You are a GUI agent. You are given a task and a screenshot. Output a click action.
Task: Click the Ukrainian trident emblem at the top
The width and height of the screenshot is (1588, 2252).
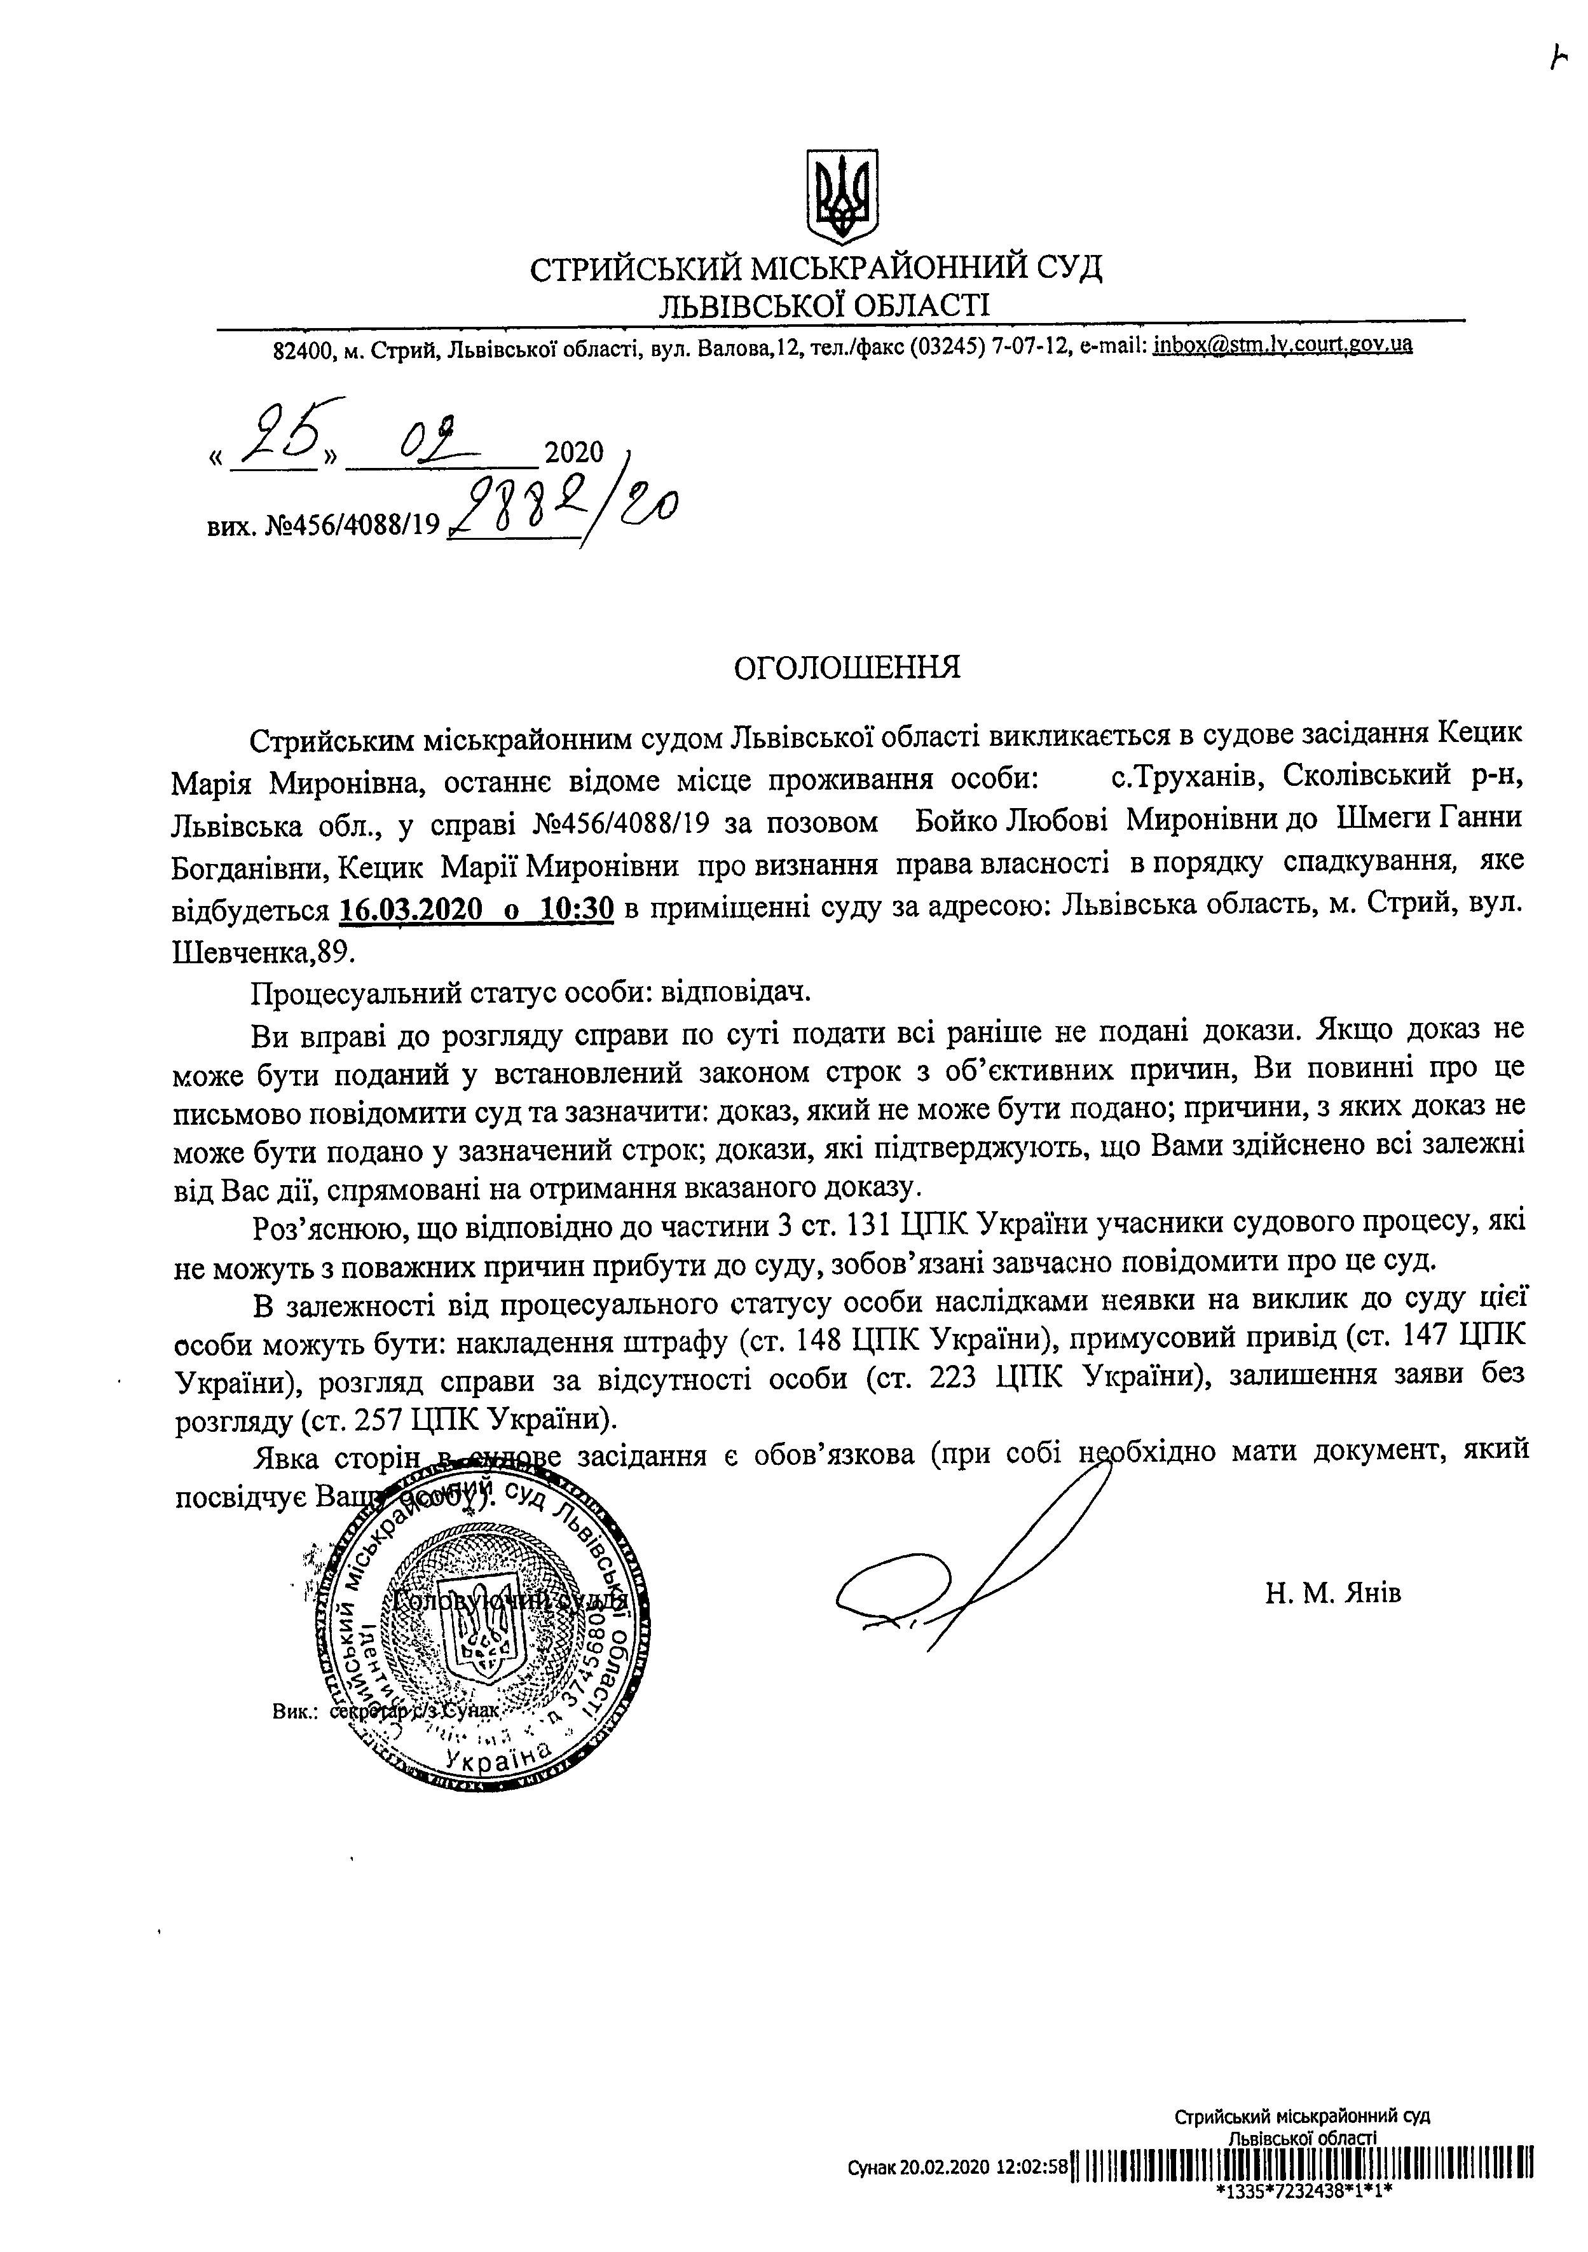tap(840, 196)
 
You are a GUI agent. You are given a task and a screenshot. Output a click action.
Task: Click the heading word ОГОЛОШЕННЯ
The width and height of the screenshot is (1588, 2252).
tap(847, 668)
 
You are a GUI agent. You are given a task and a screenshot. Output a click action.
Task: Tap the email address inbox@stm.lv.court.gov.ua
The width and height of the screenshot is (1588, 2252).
tap(1283, 345)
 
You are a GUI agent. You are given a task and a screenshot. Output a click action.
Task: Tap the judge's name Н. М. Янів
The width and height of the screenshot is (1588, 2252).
tap(1333, 1593)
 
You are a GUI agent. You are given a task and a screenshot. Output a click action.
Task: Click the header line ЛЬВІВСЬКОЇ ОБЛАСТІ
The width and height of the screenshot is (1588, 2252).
tap(823, 304)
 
